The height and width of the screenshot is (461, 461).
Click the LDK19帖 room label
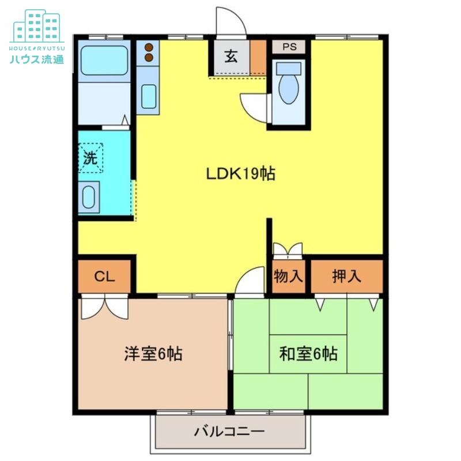241,173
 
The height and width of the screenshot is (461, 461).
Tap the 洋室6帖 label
153,353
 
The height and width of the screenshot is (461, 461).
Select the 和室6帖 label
308,353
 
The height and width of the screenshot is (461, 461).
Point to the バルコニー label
229,431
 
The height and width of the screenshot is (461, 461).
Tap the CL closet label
105,276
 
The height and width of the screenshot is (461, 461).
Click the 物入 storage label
288,276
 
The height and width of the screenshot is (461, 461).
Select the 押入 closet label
347,276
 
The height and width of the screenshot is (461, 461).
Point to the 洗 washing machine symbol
90,157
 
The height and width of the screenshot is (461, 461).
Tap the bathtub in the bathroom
104,61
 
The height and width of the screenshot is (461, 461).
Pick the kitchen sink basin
149,95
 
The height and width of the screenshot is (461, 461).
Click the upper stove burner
149,47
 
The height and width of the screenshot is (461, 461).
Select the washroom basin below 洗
89,197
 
